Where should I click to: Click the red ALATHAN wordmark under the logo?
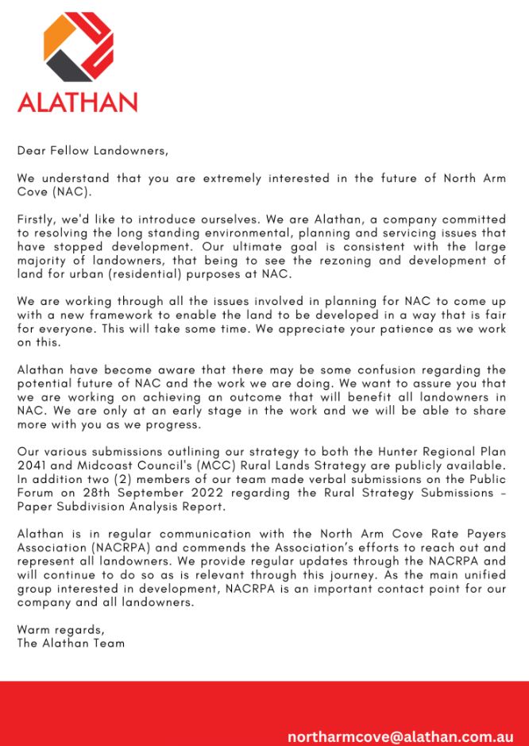(x=77, y=103)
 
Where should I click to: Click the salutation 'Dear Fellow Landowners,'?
(x=93, y=149)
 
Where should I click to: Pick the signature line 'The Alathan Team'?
(x=71, y=644)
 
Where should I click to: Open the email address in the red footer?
(x=400, y=736)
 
